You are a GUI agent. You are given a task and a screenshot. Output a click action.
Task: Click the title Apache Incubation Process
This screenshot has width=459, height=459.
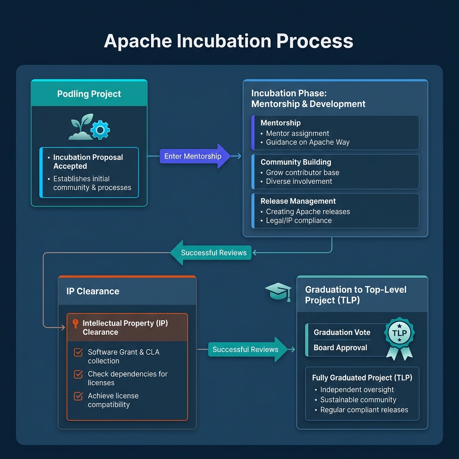tap(229, 41)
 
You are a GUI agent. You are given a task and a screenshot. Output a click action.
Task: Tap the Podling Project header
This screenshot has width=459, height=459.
tap(89, 94)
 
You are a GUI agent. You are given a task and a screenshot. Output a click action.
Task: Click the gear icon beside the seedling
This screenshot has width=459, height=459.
tap(100, 130)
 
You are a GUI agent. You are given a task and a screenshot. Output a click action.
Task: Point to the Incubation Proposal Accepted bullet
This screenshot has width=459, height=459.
tap(88, 162)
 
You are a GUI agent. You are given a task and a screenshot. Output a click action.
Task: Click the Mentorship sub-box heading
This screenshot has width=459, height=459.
tap(281, 123)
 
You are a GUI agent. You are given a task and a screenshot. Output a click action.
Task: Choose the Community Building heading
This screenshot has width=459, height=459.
tap(296, 162)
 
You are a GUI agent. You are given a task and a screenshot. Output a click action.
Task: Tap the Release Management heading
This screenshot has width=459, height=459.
tap(298, 201)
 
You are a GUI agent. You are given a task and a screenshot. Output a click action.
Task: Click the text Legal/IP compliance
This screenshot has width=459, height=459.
tap(299, 221)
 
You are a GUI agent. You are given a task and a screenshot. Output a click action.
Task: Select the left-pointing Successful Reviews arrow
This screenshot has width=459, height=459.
tap(210, 253)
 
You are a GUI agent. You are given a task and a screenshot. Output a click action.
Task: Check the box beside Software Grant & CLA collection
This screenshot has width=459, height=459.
tap(78, 352)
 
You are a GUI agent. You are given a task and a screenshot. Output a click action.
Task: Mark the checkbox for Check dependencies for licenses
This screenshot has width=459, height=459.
tap(78, 374)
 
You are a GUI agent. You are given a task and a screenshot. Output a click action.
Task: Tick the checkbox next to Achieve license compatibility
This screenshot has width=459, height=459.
tap(78, 396)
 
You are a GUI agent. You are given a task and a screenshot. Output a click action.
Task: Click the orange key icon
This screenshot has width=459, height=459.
tap(75, 324)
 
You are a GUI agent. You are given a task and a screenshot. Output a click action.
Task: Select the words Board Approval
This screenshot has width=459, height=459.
tap(340, 348)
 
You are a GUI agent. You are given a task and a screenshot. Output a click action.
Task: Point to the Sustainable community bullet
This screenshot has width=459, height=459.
tap(358, 400)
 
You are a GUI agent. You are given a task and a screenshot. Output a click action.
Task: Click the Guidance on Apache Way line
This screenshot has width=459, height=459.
tap(307, 142)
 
